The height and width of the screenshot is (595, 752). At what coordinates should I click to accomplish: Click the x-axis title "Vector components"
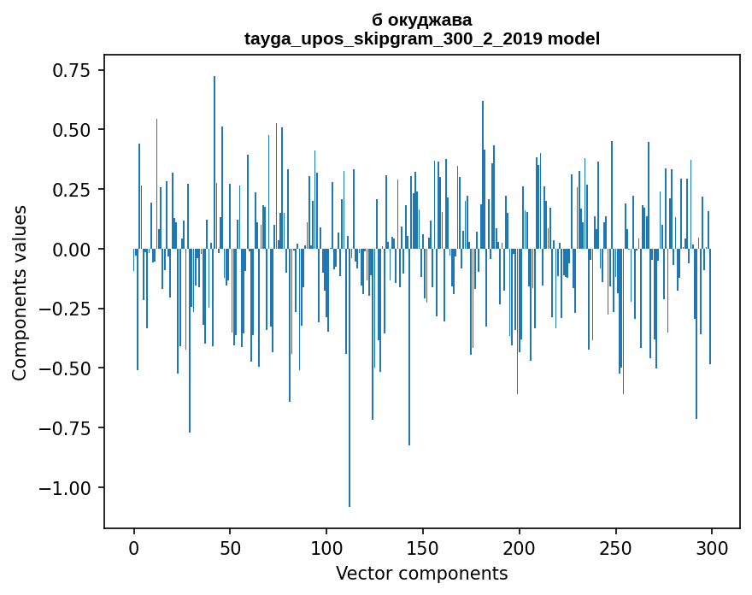(422, 574)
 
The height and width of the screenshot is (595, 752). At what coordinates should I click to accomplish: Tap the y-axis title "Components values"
(20, 292)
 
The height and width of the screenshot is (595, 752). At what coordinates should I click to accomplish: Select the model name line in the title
(422, 38)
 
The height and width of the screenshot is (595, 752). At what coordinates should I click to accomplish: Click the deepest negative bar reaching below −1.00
(350, 427)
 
